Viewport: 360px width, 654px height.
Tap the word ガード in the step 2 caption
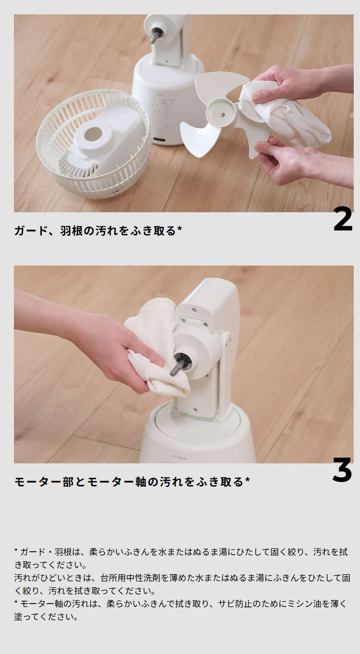click(31, 230)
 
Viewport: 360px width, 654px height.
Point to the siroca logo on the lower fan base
click(179, 458)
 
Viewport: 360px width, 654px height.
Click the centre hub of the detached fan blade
click(219, 111)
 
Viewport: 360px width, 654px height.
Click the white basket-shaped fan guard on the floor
click(94, 144)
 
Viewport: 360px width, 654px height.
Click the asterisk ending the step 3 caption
click(247, 479)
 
